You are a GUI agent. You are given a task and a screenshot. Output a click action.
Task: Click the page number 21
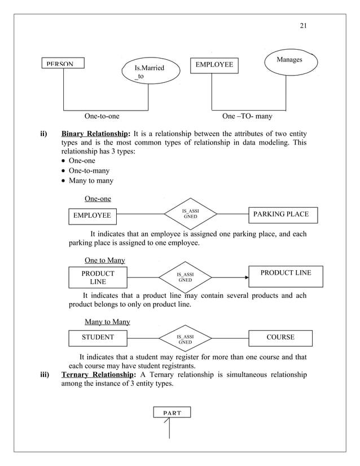[x=300, y=25]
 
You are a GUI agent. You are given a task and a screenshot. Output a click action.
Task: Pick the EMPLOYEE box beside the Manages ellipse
[x=214, y=65]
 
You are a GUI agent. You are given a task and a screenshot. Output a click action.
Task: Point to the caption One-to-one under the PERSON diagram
[x=102, y=117]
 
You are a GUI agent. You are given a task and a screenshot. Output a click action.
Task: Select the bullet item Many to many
[x=90, y=181]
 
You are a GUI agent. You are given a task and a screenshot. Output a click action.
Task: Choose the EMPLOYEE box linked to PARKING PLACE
[x=92, y=215]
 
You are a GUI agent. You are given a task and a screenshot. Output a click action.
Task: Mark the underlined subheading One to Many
[x=104, y=260]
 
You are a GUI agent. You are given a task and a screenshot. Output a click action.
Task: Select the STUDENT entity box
[x=98, y=337]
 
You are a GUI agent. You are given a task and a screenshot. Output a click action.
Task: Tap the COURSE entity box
[x=280, y=337]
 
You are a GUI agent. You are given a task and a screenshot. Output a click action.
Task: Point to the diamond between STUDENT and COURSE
[x=185, y=338]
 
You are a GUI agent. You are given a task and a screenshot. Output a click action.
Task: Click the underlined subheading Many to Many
[x=107, y=322]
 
